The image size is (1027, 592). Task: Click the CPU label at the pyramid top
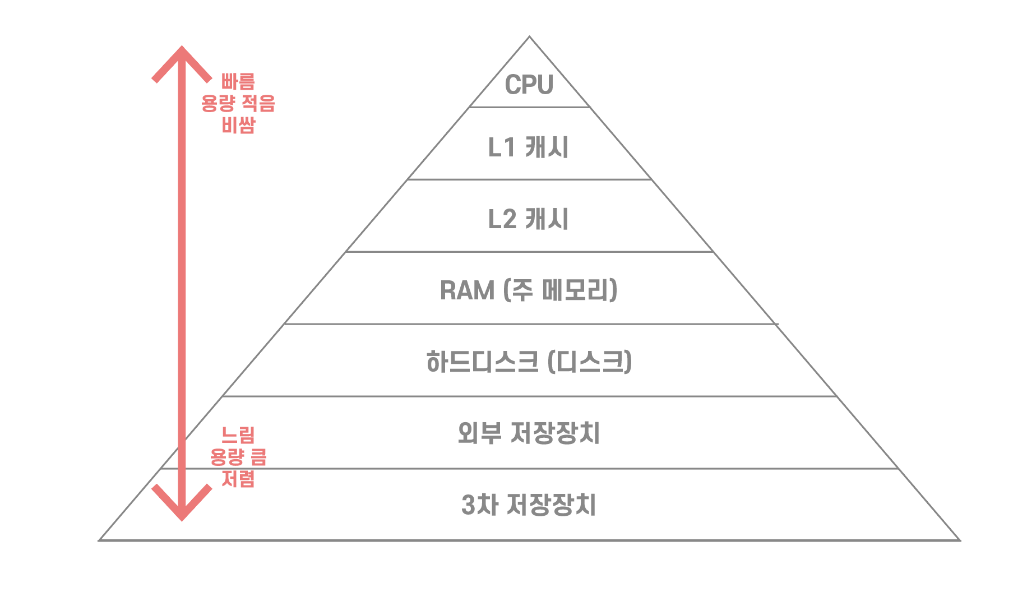(x=529, y=85)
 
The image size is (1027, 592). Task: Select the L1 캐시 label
(x=529, y=147)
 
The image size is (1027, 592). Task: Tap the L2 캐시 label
(x=529, y=219)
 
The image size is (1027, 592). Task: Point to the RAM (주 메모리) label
(x=529, y=290)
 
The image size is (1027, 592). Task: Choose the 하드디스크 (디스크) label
(x=529, y=362)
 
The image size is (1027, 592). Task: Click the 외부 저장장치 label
(x=529, y=433)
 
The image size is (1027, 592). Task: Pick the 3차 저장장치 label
(x=529, y=505)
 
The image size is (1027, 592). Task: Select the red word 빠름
(x=238, y=82)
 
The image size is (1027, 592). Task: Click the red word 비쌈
(x=238, y=125)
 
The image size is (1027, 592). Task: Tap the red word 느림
(x=238, y=435)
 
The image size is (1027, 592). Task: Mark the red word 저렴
(x=238, y=479)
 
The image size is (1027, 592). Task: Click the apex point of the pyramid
(x=529, y=37)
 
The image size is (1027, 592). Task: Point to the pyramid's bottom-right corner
(x=959, y=540)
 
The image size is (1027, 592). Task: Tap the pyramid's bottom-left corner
(x=100, y=540)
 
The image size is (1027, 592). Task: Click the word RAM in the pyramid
(x=467, y=290)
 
